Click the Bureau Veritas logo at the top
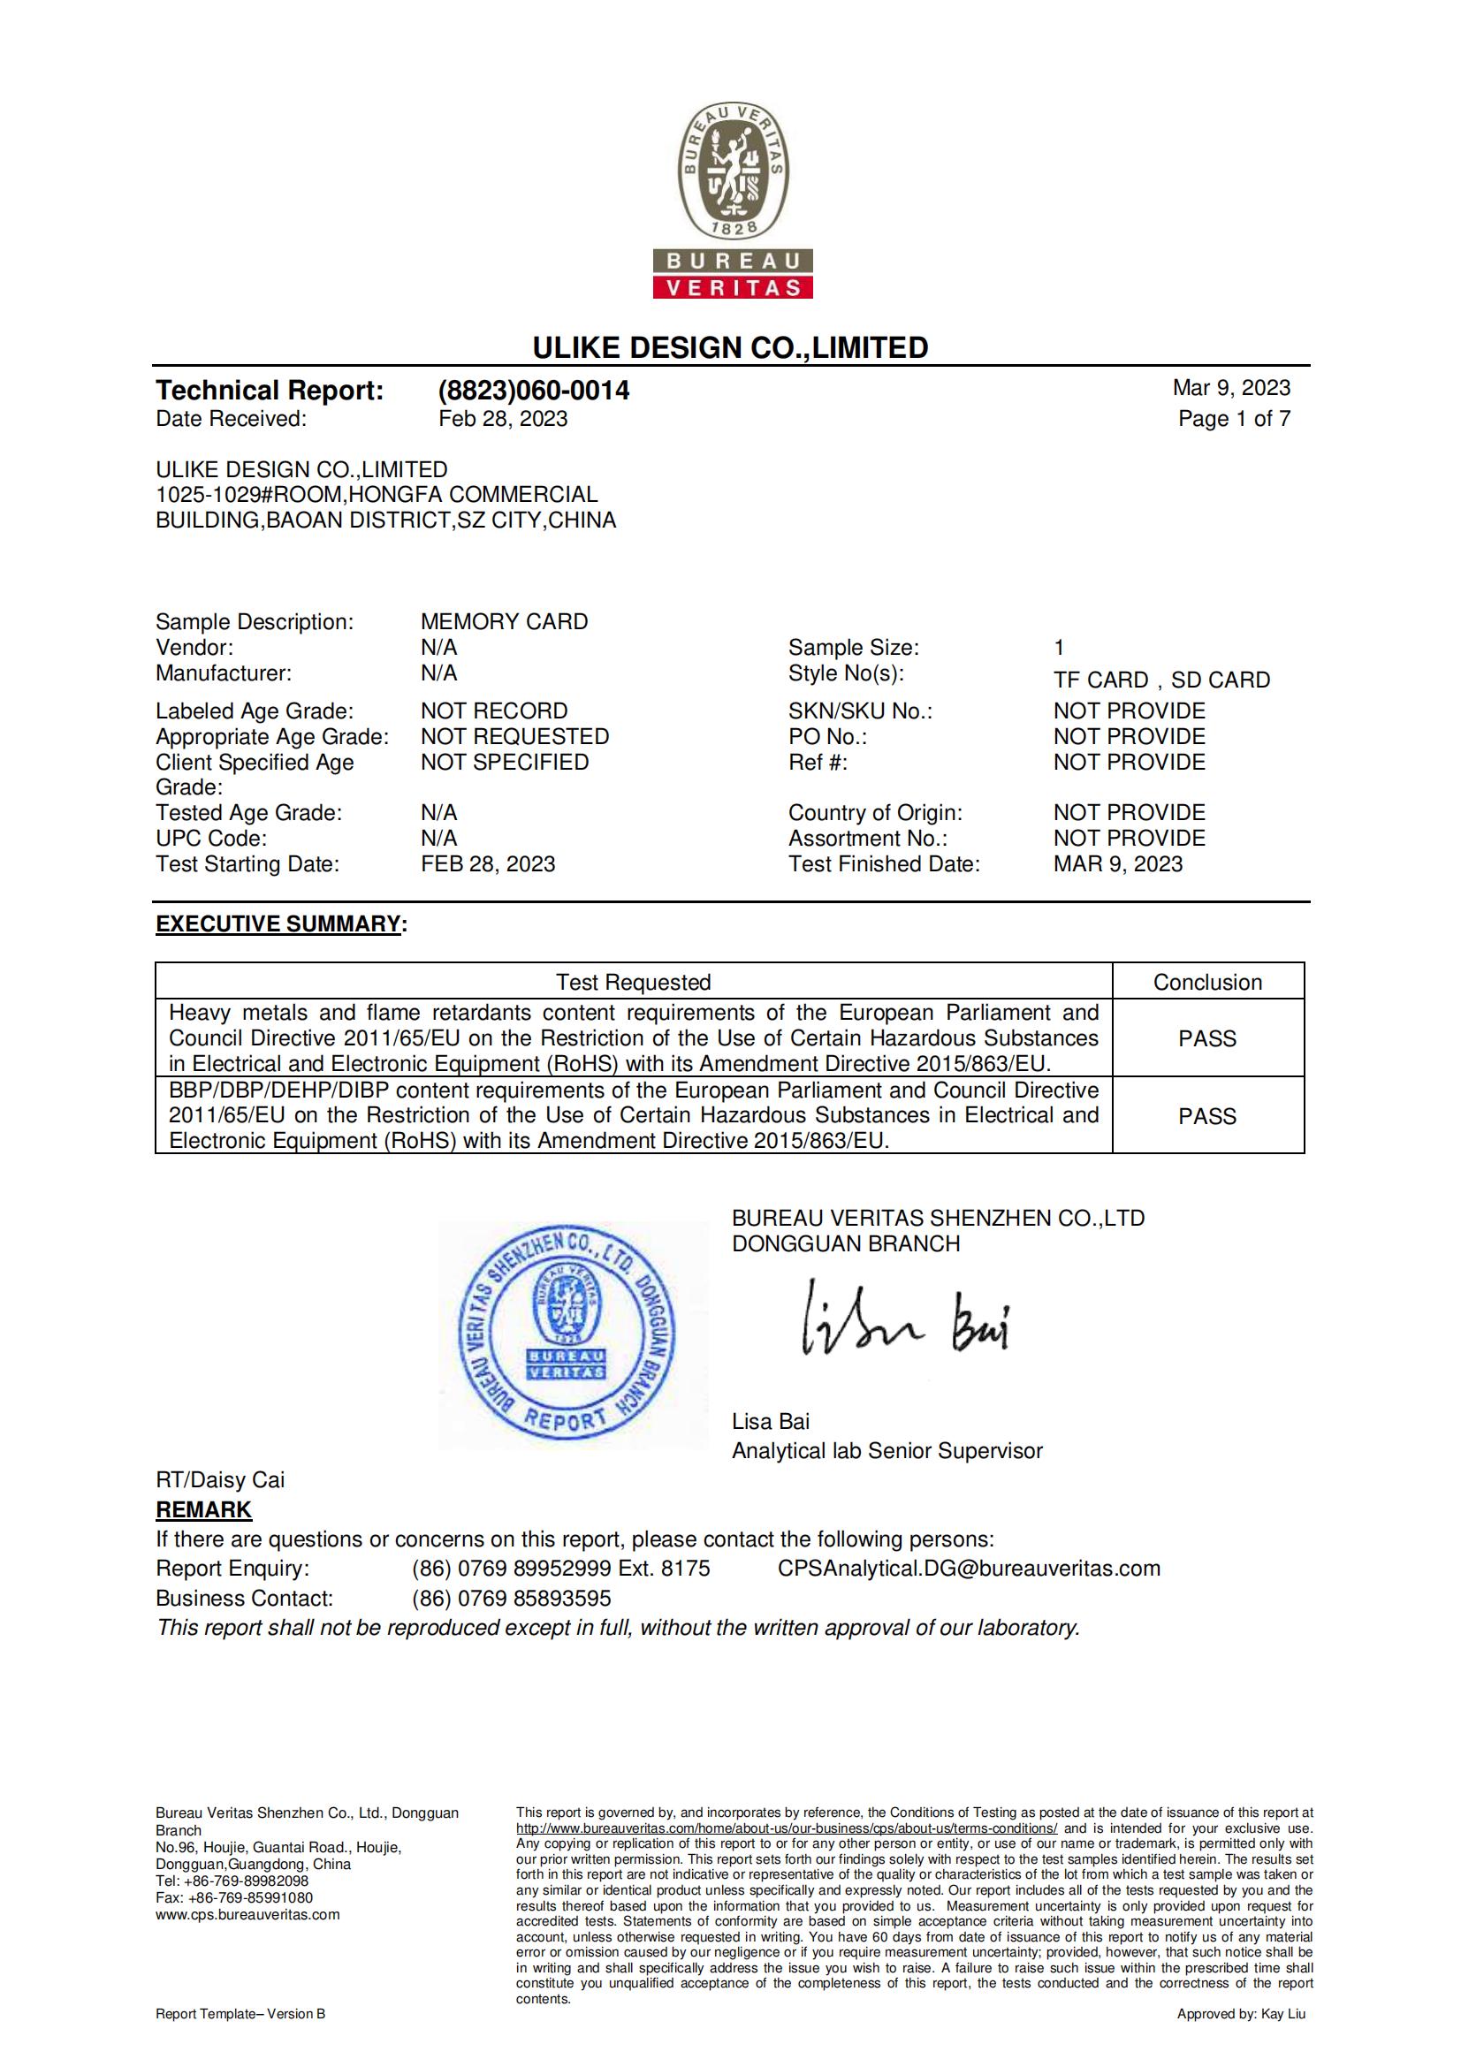point(733,200)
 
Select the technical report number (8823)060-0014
point(534,391)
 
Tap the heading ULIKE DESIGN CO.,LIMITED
point(730,347)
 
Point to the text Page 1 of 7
point(1233,419)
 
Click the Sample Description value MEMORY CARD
point(504,622)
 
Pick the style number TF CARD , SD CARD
point(1161,680)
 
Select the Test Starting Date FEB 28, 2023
point(488,864)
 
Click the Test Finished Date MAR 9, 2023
point(1118,864)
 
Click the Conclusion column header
point(1207,982)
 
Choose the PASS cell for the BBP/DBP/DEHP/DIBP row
point(1207,1116)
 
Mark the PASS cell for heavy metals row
point(1207,1039)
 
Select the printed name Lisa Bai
point(771,1422)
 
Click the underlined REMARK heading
point(203,1509)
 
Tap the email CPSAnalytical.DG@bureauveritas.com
point(969,1569)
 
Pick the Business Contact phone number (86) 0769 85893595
point(511,1598)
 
